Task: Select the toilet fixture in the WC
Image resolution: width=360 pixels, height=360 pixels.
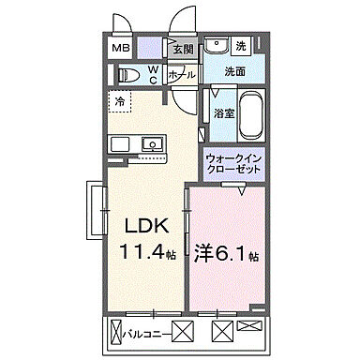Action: pos(131,74)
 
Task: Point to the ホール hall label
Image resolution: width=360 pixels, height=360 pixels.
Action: pos(183,74)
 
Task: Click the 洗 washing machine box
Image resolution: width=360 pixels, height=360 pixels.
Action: pos(240,47)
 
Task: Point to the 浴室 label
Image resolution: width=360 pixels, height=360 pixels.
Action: pos(222,113)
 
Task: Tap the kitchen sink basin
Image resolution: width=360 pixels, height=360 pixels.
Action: pos(151,143)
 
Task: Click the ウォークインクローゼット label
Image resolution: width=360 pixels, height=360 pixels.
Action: pos(235,164)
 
